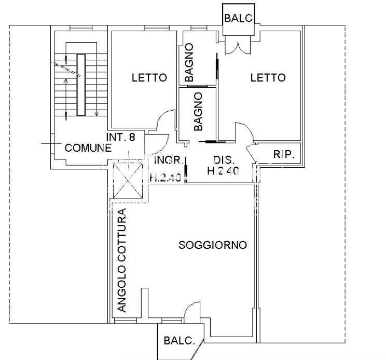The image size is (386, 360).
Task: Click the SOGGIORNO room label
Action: (x=212, y=245)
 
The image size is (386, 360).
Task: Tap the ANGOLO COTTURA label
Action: (x=121, y=260)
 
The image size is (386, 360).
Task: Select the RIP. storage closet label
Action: (x=284, y=154)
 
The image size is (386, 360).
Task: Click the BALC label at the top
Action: (x=239, y=18)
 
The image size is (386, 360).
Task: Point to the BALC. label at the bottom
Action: (x=179, y=341)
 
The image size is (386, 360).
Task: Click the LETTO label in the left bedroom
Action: (x=149, y=77)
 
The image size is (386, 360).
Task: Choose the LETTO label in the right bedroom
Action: (x=268, y=77)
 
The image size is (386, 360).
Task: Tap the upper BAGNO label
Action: (x=189, y=62)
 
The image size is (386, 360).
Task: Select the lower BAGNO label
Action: (x=198, y=111)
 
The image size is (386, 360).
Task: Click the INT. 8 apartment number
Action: (x=120, y=137)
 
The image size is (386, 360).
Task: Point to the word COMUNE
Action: (x=88, y=148)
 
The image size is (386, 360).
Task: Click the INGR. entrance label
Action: (x=169, y=160)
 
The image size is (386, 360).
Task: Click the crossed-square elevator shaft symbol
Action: (x=128, y=181)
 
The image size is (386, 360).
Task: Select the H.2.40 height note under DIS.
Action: (x=223, y=171)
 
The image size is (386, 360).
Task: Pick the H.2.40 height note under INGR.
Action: (x=166, y=177)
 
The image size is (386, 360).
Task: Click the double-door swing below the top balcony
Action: (x=238, y=48)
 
